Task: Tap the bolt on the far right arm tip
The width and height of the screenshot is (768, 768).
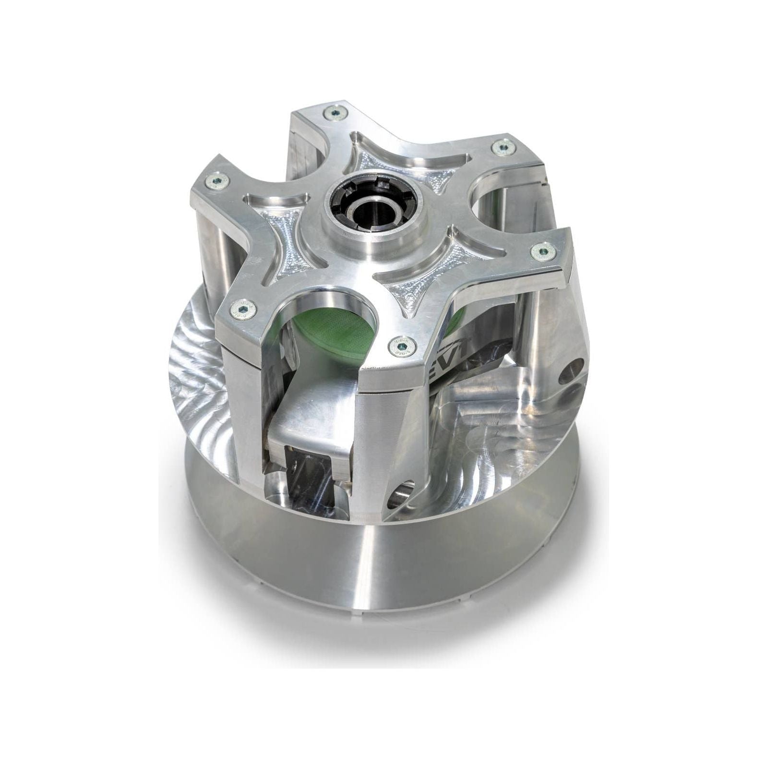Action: coord(543,249)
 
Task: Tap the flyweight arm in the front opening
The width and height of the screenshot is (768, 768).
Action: coord(307,422)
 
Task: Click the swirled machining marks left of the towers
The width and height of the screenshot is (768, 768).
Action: coord(202,365)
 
